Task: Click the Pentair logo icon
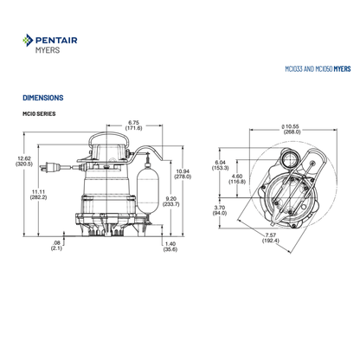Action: click(x=28, y=40)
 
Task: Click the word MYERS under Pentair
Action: click(x=48, y=50)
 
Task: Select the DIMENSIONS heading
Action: click(x=43, y=98)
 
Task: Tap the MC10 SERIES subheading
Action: click(x=39, y=113)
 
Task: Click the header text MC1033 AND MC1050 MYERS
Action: click(x=318, y=69)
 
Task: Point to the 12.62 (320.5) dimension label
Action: click(x=24, y=161)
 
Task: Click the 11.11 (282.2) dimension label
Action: click(x=38, y=195)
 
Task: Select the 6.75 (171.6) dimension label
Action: click(x=133, y=125)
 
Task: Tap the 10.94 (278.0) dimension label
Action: click(x=183, y=174)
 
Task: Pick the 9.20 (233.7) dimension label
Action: click(x=170, y=202)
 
